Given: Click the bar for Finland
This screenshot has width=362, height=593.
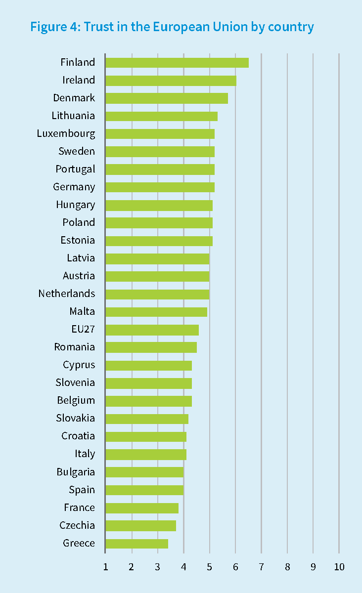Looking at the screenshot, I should [x=177, y=62].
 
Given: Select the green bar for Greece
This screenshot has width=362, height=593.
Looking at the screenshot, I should [x=136, y=543].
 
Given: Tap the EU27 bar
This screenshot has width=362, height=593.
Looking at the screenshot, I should [x=152, y=330].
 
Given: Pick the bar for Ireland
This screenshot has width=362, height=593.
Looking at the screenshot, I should [x=171, y=80].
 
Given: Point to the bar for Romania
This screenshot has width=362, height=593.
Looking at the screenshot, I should [x=151, y=347].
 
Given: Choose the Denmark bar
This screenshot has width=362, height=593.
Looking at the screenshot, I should [x=166, y=98].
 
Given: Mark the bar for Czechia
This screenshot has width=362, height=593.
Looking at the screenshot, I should [x=140, y=525].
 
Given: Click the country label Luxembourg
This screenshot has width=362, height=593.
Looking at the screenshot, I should [x=66, y=133].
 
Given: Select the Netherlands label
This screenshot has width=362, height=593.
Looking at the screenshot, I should [x=67, y=294].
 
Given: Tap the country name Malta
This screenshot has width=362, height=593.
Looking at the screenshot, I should [x=82, y=311].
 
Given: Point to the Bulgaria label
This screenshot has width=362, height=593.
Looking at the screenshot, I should [x=76, y=472].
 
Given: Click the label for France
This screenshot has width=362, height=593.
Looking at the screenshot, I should [x=79, y=508].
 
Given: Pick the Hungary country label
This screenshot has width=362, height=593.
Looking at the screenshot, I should [x=75, y=205].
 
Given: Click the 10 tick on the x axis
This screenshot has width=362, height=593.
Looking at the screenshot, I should [x=339, y=567].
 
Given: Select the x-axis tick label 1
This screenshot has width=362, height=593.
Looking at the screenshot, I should [x=105, y=567].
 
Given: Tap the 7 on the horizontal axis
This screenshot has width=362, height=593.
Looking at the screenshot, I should [x=261, y=567].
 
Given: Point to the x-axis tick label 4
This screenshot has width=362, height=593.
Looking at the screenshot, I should [x=183, y=567].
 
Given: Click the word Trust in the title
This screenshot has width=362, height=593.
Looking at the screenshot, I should [x=97, y=27].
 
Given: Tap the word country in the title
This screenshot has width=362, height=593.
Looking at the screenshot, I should [x=291, y=27].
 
